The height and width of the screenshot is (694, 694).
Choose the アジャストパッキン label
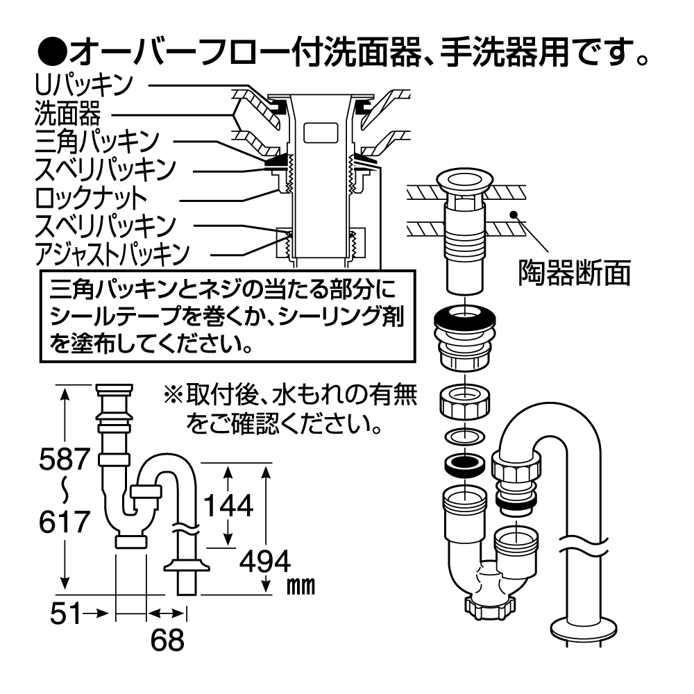coord(111,254)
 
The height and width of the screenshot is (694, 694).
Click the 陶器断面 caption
coord(575,273)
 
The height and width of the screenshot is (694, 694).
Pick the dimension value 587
coord(65,459)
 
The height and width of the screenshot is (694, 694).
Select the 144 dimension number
coord(229,507)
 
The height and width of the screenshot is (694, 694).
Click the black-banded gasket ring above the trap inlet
coord(464,464)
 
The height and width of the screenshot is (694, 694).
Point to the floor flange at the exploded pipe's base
coord(582,630)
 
